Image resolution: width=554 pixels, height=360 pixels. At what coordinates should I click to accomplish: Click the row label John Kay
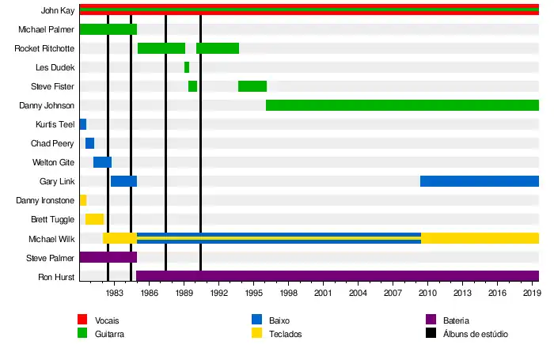point(57,11)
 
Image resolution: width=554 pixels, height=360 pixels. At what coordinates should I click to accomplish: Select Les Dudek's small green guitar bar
point(187,67)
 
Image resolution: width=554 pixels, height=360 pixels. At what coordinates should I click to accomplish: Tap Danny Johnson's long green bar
point(402,105)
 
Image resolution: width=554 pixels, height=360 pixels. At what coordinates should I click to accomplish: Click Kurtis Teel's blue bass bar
point(82,124)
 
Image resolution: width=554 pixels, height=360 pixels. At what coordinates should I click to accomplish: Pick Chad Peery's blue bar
point(89,143)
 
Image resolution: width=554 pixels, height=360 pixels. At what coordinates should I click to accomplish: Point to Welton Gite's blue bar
point(102,162)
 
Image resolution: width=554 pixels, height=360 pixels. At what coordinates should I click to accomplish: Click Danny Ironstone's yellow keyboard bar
point(82,200)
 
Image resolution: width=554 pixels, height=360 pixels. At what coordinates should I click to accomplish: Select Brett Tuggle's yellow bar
point(94,219)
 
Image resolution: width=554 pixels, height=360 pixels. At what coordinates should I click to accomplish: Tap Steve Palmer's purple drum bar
point(108,257)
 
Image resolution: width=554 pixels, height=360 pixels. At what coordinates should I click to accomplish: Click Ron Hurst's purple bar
point(337,276)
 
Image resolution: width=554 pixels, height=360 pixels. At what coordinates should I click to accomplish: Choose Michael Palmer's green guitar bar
point(108,29)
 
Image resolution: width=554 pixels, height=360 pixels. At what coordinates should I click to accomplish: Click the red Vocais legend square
point(82,320)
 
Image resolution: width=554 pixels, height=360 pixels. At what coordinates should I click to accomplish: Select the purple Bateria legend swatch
point(431,320)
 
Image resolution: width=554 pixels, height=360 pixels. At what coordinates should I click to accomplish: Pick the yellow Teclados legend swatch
point(257,333)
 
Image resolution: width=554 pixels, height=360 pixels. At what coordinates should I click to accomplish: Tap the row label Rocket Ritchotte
point(44,48)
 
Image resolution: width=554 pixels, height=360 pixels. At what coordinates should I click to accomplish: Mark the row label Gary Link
point(57,181)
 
